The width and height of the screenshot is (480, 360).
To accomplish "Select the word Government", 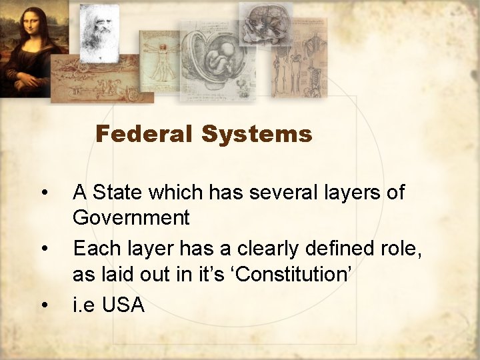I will (131, 217).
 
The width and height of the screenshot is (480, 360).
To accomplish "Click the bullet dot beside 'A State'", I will (44, 193).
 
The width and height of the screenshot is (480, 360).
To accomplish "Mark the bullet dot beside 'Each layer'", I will (44, 249).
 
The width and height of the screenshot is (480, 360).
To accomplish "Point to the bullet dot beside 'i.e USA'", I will (44, 305).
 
